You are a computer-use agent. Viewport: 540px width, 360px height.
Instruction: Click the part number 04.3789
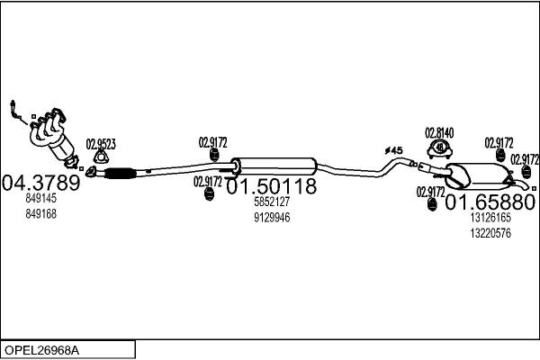(41, 183)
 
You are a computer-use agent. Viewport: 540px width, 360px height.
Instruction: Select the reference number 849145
(41, 199)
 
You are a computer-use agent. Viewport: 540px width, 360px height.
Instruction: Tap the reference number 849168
(41, 213)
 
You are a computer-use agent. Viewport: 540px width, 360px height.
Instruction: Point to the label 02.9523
(101, 142)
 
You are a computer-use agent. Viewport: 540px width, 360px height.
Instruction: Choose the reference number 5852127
(271, 203)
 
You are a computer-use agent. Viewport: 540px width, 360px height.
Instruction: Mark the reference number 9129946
(271, 218)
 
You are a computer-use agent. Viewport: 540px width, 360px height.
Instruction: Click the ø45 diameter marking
(392, 149)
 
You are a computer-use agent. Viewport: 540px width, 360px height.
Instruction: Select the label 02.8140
(439, 132)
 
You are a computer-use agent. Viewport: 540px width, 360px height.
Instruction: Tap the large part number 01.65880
(490, 201)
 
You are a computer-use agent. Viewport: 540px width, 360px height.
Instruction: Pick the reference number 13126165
(490, 217)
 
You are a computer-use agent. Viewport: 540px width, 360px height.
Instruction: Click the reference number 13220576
(490, 232)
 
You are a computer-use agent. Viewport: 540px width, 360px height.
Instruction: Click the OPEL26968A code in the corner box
(41, 347)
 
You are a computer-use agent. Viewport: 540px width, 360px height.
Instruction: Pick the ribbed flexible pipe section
(120, 172)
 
